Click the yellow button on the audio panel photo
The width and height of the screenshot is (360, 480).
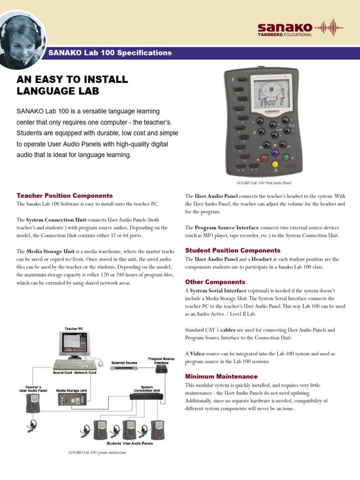[x=275, y=164]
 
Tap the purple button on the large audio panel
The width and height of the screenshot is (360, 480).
[x=274, y=153]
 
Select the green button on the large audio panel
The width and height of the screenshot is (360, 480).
[x=287, y=158]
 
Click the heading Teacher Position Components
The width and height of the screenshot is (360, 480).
[x=65, y=195]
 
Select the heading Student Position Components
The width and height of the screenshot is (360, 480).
[x=232, y=250]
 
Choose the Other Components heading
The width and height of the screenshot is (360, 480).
[x=215, y=282]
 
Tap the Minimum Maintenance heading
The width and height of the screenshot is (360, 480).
[x=221, y=376]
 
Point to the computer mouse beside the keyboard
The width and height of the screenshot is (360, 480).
[x=100, y=362]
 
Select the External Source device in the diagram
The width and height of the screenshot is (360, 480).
[x=125, y=368]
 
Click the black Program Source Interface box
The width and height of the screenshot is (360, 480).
[x=162, y=369]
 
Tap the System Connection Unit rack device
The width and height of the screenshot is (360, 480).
[x=147, y=397]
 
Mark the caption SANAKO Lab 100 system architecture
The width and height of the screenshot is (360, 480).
[x=97, y=452]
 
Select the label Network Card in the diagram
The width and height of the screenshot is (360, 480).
[x=85, y=373]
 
